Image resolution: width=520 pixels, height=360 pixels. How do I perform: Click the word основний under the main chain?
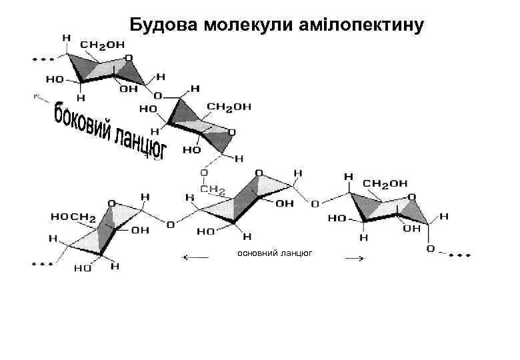tap(257, 253)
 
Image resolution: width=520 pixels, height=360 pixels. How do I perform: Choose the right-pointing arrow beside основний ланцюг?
tap(353, 259)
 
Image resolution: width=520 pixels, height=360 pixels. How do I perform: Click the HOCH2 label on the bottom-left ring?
tap(73, 217)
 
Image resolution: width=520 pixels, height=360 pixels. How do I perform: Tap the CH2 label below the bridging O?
tap(213, 191)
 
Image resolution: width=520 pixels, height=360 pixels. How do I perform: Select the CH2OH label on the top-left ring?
tap(102, 44)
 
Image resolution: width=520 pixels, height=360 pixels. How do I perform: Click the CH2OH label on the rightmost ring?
tap(385, 183)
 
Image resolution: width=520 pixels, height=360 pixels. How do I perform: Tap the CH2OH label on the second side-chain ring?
tap(229, 106)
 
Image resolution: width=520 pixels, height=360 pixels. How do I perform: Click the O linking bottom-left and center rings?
tap(171, 225)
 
